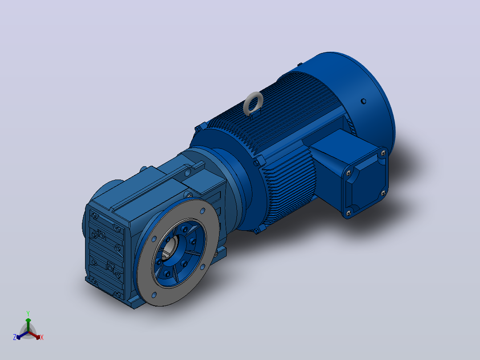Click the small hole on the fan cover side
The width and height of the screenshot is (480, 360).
[x=363, y=101]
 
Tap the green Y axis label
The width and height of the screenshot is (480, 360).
[x=28, y=313]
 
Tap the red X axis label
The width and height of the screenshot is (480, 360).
[x=42, y=337]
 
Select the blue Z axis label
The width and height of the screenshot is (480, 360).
[x=15, y=337]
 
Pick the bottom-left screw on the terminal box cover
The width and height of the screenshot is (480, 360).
[x=348, y=213]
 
